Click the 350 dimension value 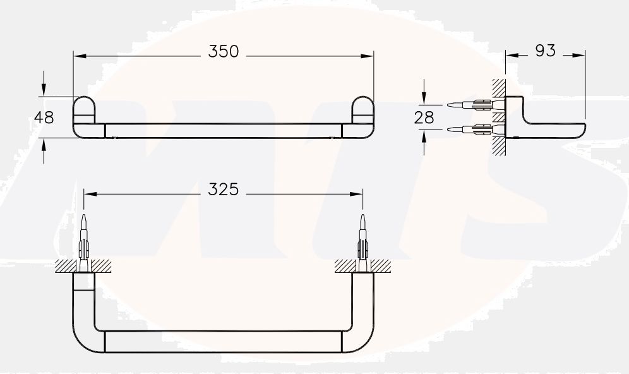[224, 52]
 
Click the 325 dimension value [224, 189]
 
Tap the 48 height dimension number [44, 118]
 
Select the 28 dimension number [424, 117]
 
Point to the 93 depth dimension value [545, 51]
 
